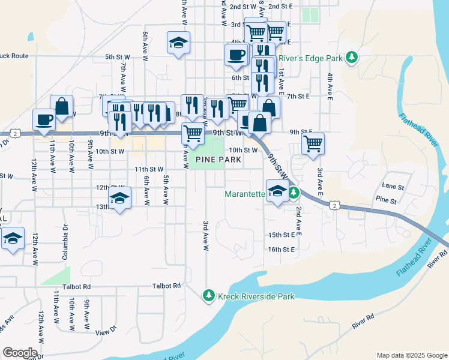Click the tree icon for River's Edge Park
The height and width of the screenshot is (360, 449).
[x=352, y=58]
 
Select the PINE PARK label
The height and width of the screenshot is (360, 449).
[x=218, y=160]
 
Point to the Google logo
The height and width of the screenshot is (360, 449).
[x=20, y=352]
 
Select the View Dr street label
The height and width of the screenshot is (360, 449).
[x=104, y=331]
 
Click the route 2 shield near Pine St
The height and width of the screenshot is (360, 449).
[x=334, y=206]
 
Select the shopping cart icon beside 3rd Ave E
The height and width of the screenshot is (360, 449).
[x=313, y=143]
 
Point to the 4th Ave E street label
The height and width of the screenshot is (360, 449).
[x=330, y=85]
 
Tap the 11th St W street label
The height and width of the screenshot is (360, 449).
[x=149, y=170]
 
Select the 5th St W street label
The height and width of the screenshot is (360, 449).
[x=118, y=57]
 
